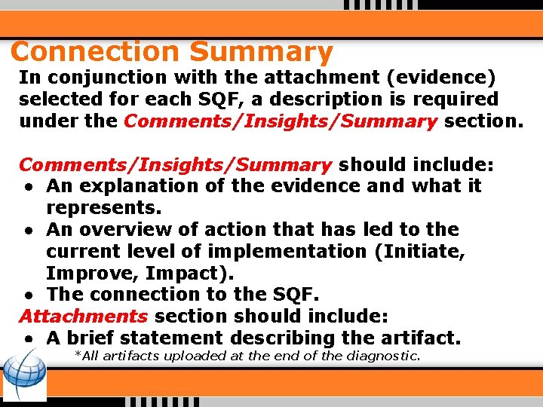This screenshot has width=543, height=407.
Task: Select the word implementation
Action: (293, 251)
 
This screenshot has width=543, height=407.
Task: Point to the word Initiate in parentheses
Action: (419, 251)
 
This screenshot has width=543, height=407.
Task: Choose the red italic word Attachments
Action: (83, 316)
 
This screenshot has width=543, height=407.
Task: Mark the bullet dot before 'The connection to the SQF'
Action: (26, 295)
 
